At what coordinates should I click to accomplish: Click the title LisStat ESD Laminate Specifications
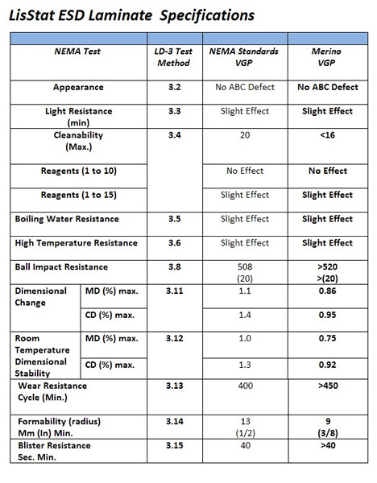pos(134,15)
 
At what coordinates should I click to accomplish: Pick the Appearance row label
pos(77,86)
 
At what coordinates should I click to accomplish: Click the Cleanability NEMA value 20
pos(247,137)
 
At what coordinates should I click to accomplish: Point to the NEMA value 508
pos(247,266)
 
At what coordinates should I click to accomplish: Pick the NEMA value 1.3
pos(247,365)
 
